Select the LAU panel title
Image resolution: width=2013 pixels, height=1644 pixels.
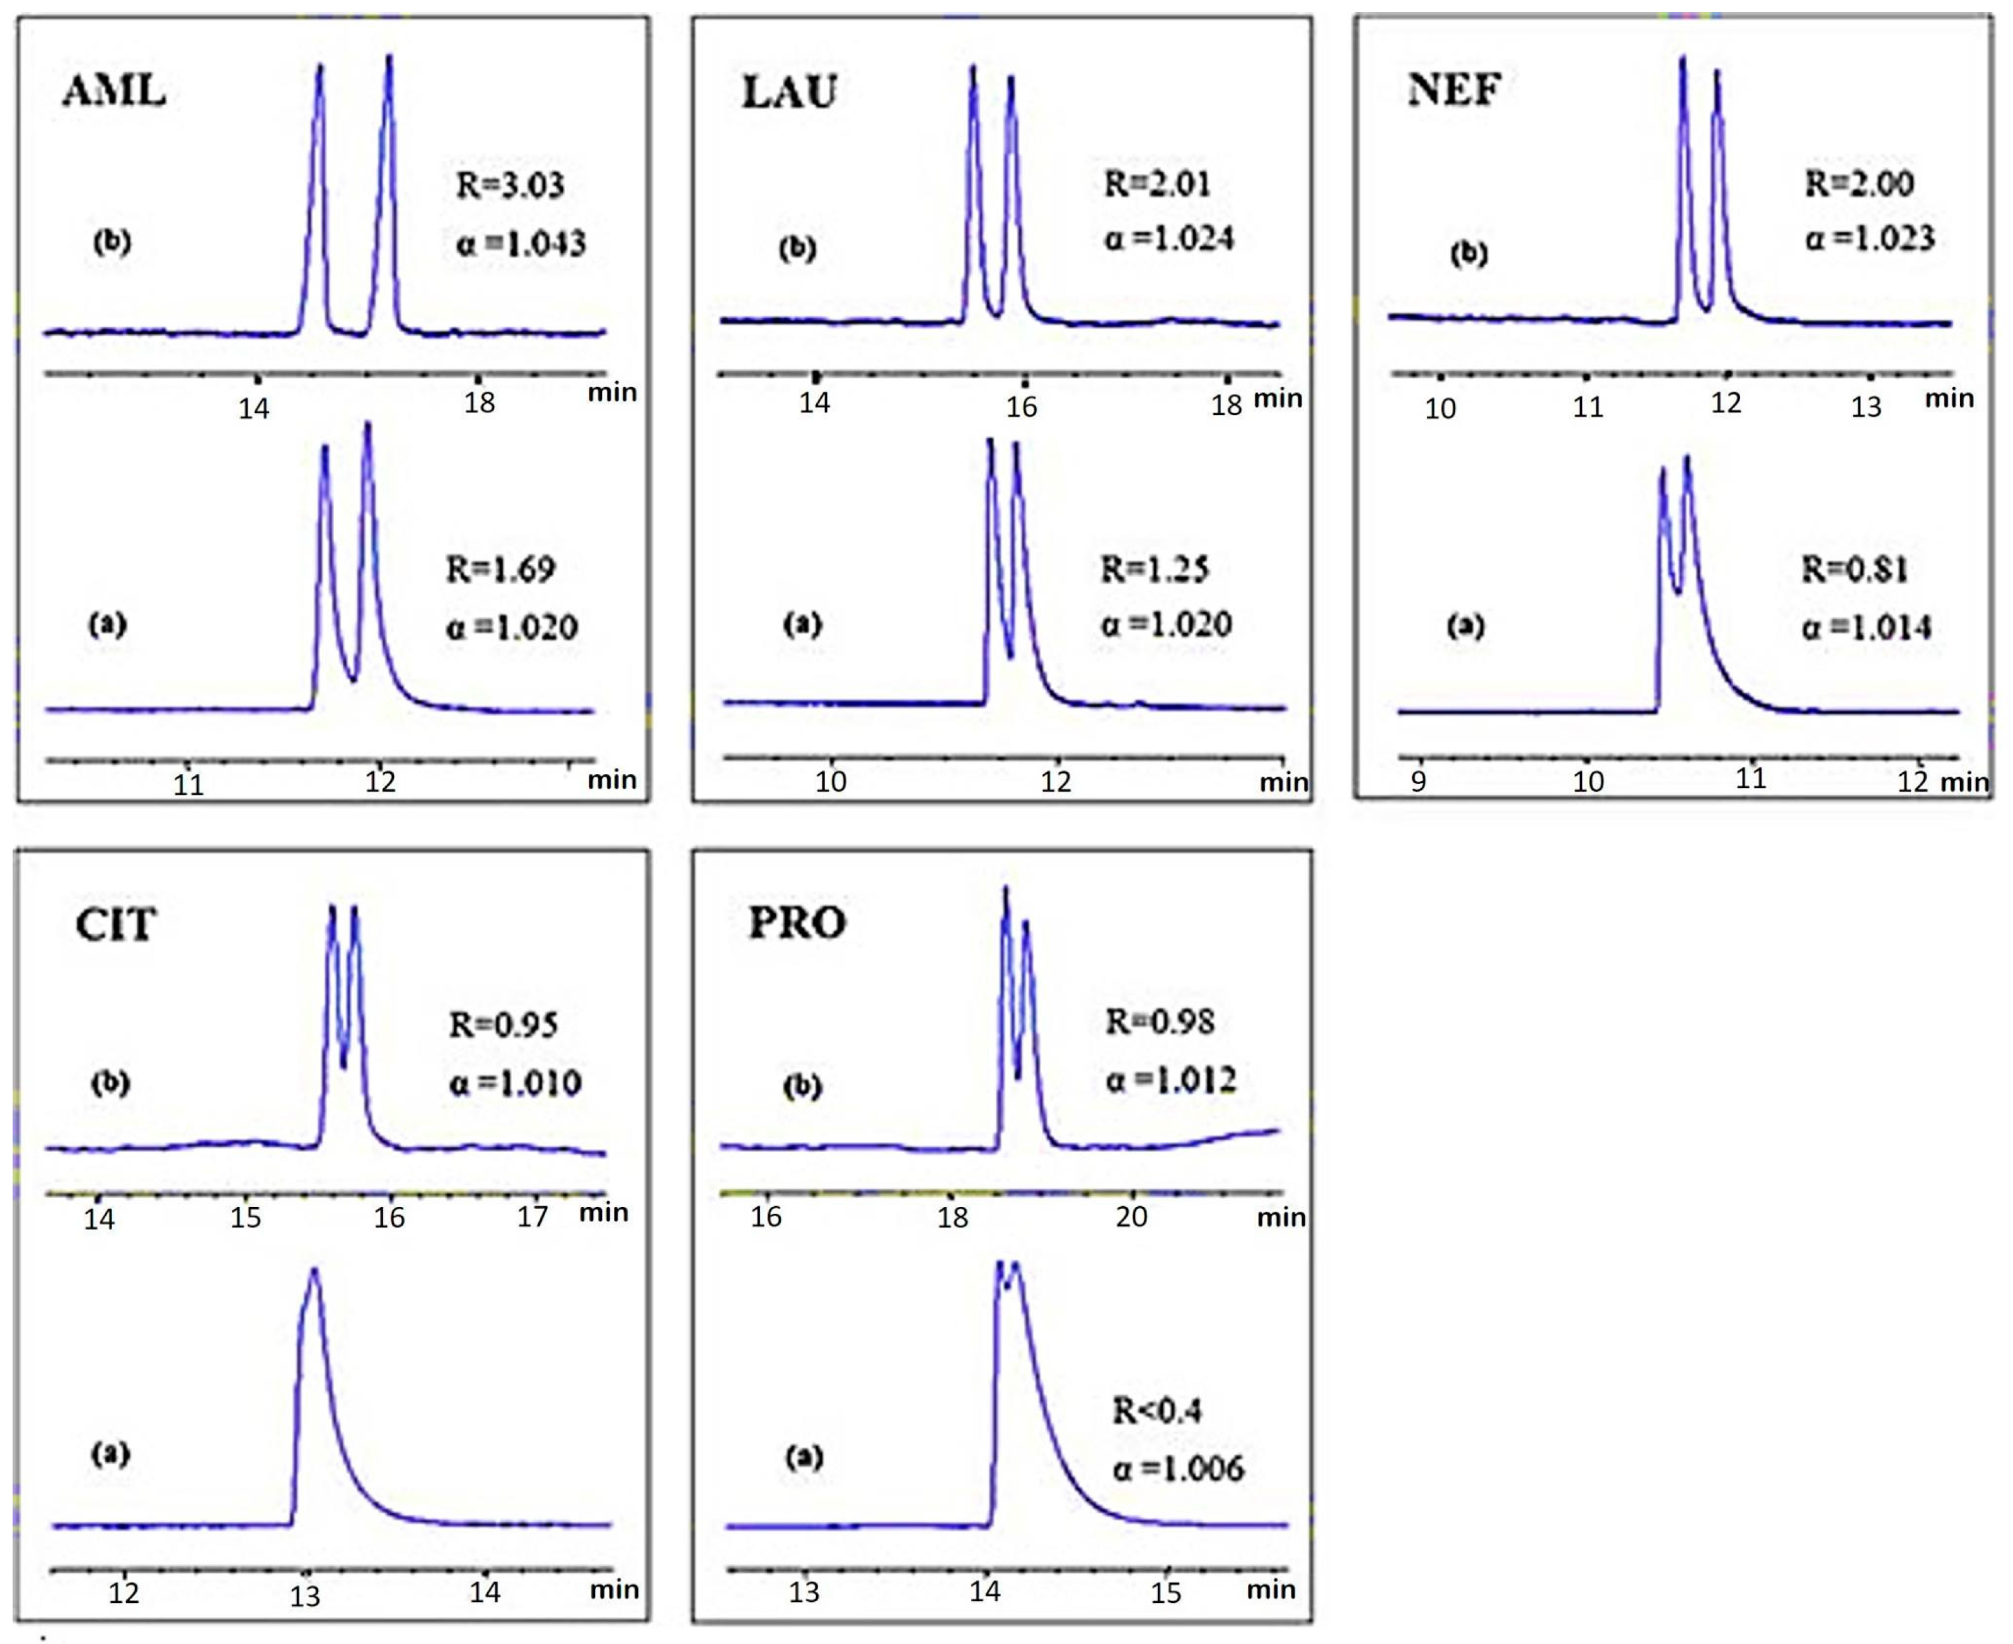coord(789,92)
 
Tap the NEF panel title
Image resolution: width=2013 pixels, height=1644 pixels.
coord(1454,89)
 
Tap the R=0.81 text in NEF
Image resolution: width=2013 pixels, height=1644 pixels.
coord(1854,570)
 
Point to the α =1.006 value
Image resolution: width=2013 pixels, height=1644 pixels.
coord(1177,1469)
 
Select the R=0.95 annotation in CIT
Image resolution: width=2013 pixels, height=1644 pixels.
coord(503,1025)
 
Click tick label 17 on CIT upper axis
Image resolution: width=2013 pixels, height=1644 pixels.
coord(533,1216)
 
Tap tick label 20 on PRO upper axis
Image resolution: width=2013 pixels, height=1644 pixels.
coord(1131,1216)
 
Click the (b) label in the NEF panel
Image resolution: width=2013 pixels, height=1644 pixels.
coord(1469,254)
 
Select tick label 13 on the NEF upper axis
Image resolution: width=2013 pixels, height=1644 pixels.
coord(1866,407)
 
